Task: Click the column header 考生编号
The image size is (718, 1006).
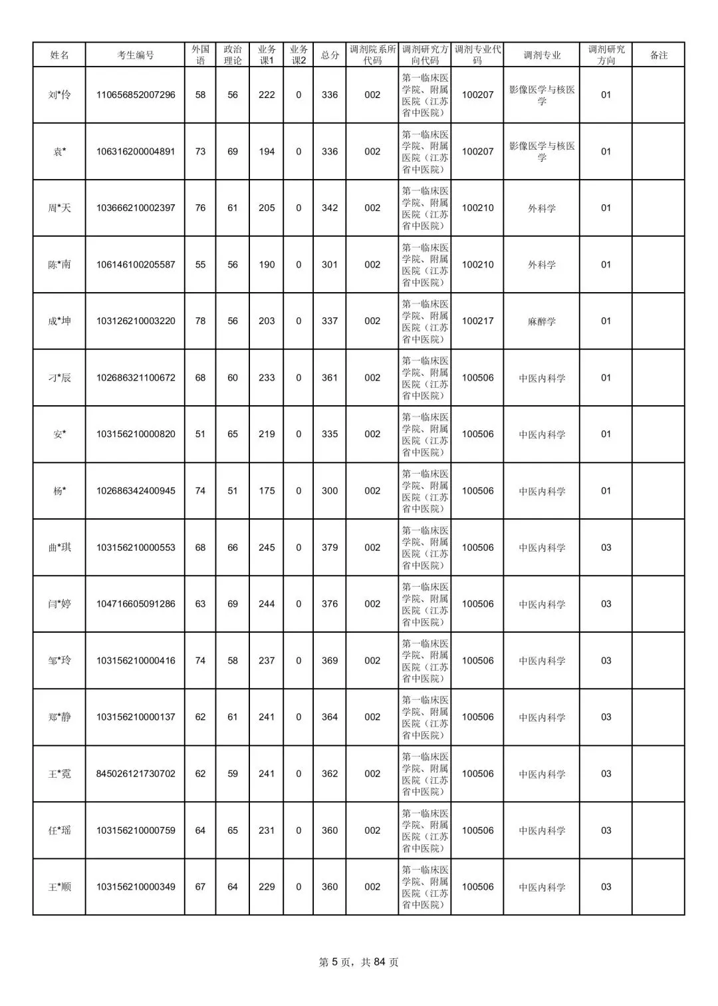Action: tap(136, 55)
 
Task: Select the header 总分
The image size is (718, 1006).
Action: tap(330, 55)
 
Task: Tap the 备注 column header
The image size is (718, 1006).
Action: tap(658, 55)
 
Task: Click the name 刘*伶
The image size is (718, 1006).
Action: tap(59, 95)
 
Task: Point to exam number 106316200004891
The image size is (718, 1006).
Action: tap(136, 152)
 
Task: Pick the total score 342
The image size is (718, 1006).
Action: tap(330, 208)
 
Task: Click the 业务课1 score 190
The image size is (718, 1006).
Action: tap(267, 265)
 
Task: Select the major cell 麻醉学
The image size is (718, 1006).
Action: tap(542, 321)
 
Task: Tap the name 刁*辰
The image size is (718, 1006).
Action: tap(59, 378)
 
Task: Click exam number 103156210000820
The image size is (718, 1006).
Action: tap(136, 434)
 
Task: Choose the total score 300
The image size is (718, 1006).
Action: tap(330, 491)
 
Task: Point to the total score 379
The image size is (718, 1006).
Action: tap(330, 548)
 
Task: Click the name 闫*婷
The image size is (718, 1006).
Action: tap(59, 604)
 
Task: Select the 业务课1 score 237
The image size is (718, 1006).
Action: tap(267, 661)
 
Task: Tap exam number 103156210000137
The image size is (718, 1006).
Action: tap(136, 717)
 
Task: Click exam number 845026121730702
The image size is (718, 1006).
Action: tap(136, 774)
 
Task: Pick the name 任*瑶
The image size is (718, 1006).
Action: tap(59, 830)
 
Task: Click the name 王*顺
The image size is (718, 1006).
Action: tap(59, 887)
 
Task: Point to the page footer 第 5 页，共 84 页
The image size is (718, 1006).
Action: tap(359, 962)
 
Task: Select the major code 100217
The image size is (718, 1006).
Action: tap(478, 321)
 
